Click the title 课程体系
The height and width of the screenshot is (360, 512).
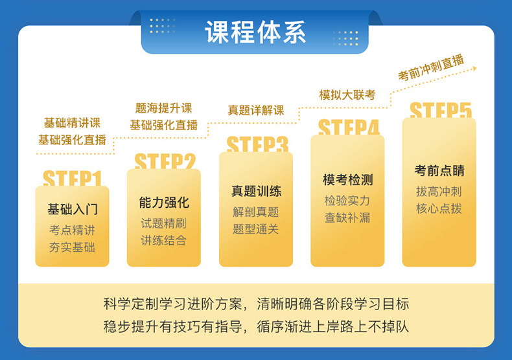tap(255, 32)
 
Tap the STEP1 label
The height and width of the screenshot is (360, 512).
tap(72, 178)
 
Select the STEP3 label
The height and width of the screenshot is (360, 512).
tap(257, 144)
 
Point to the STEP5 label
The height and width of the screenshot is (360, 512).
tap(441, 110)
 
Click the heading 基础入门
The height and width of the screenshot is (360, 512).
tap(73, 209)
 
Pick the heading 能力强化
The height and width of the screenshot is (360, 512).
tap(164, 203)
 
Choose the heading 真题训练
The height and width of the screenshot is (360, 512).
tap(257, 191)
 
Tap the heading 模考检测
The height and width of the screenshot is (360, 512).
tap(348, 179)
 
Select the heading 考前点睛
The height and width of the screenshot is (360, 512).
tap(439, 170)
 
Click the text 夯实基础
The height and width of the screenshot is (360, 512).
tap(72, 247)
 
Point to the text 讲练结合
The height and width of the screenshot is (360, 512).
tap(163, 240)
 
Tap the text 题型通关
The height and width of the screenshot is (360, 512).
tap(255, 229)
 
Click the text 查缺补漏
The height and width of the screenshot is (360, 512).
tap(347, 218)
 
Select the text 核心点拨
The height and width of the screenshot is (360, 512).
tap(439, 208)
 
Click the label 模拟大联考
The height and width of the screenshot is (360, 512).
tap(347, 95)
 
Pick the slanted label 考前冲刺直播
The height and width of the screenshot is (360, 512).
tap(431, 67)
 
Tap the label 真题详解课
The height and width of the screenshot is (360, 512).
tap(256, 110)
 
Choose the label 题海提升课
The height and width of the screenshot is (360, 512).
tap(163, 108)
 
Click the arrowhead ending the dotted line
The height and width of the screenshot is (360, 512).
tap(475, 69)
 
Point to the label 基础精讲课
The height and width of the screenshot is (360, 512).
tap(72, 123)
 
